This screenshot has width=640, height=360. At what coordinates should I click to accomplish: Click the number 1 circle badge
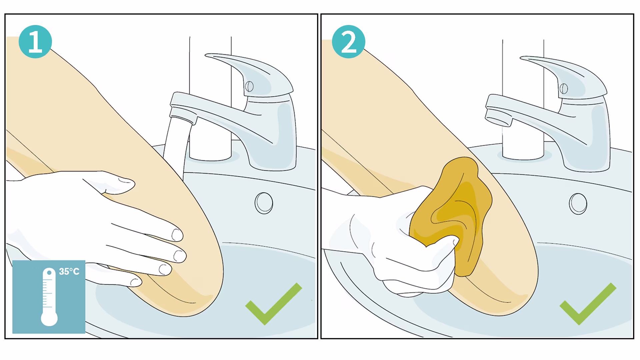[35, 42]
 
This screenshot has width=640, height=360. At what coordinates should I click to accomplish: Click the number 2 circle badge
[349, 42]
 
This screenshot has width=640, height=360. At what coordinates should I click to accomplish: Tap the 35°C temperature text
[69, 272]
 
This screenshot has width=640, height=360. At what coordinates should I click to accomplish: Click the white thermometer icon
[49, 297]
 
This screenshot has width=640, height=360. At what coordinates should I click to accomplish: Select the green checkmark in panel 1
[273, 303]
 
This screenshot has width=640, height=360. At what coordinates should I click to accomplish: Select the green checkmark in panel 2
[588, 303]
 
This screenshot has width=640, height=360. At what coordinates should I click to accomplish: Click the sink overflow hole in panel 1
[264, 203]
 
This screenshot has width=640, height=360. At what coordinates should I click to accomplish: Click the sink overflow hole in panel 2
[578, 204]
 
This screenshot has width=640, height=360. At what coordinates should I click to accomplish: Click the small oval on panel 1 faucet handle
[249, 87]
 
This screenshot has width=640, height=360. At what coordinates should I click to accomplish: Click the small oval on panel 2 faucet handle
[564, 89]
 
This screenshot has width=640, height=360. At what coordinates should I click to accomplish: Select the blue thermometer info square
[49, 297]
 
